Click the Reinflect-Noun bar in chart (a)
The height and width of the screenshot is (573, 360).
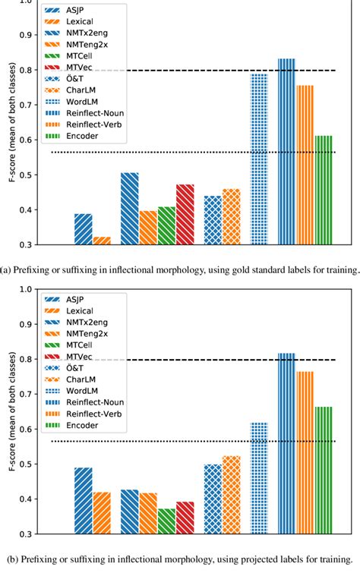[x=286, y=152]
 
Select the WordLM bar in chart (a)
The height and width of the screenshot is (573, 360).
[x=259, y=159]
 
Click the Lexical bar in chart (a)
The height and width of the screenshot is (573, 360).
[x=102, y=241]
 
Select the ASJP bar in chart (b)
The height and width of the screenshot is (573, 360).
[x=84, y=500]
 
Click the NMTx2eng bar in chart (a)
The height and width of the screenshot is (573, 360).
[x=130, y=209]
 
